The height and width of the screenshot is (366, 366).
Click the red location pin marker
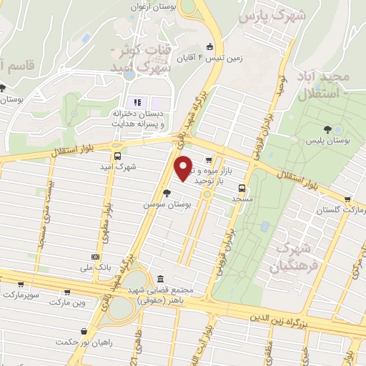pyautogui.click(x=184, y=167)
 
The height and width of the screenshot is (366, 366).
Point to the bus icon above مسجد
pyautogui.click(x=242, y=189)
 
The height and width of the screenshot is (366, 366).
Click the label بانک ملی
pyautogui.click(x=95, y=267)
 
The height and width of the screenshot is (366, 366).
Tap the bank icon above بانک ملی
pyautogui.click(x=95, y=256)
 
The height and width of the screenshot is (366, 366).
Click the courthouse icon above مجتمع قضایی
pyautogui.click(x=158, y=278)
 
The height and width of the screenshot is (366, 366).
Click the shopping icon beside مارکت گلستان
pyautogui.click(x=347, y=199)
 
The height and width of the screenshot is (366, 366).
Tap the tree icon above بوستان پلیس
pyautogui.click(x=328, y=129)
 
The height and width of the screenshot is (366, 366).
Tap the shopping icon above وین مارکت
pyautogui.click(x=68, y=292)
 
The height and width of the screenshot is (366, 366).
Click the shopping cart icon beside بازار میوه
pyautogui.click(x=208, y=159)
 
